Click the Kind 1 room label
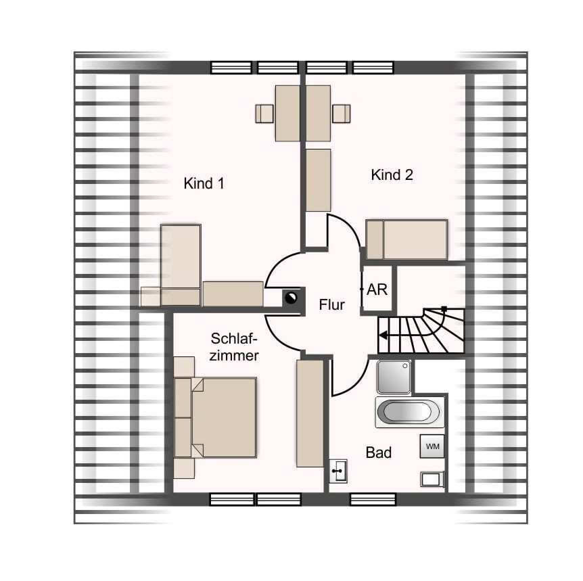(204, 183)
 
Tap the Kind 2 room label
(392, 175)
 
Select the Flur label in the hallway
(331, 305)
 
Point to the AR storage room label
(377, 289)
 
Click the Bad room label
(379, 452)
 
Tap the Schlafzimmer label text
(234, 347)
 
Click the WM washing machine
(432, 446)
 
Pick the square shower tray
(394, 377)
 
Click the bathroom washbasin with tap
(338, 471)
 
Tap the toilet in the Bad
(432, 479)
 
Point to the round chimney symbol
(291, 298)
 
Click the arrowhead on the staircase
(383, 335)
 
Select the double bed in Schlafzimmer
(216, 417)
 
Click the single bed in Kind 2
(406, 239)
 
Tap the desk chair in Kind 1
(264, 114)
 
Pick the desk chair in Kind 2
(342, 114)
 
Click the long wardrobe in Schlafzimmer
(310, 413)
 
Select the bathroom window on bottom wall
(373, 500)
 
